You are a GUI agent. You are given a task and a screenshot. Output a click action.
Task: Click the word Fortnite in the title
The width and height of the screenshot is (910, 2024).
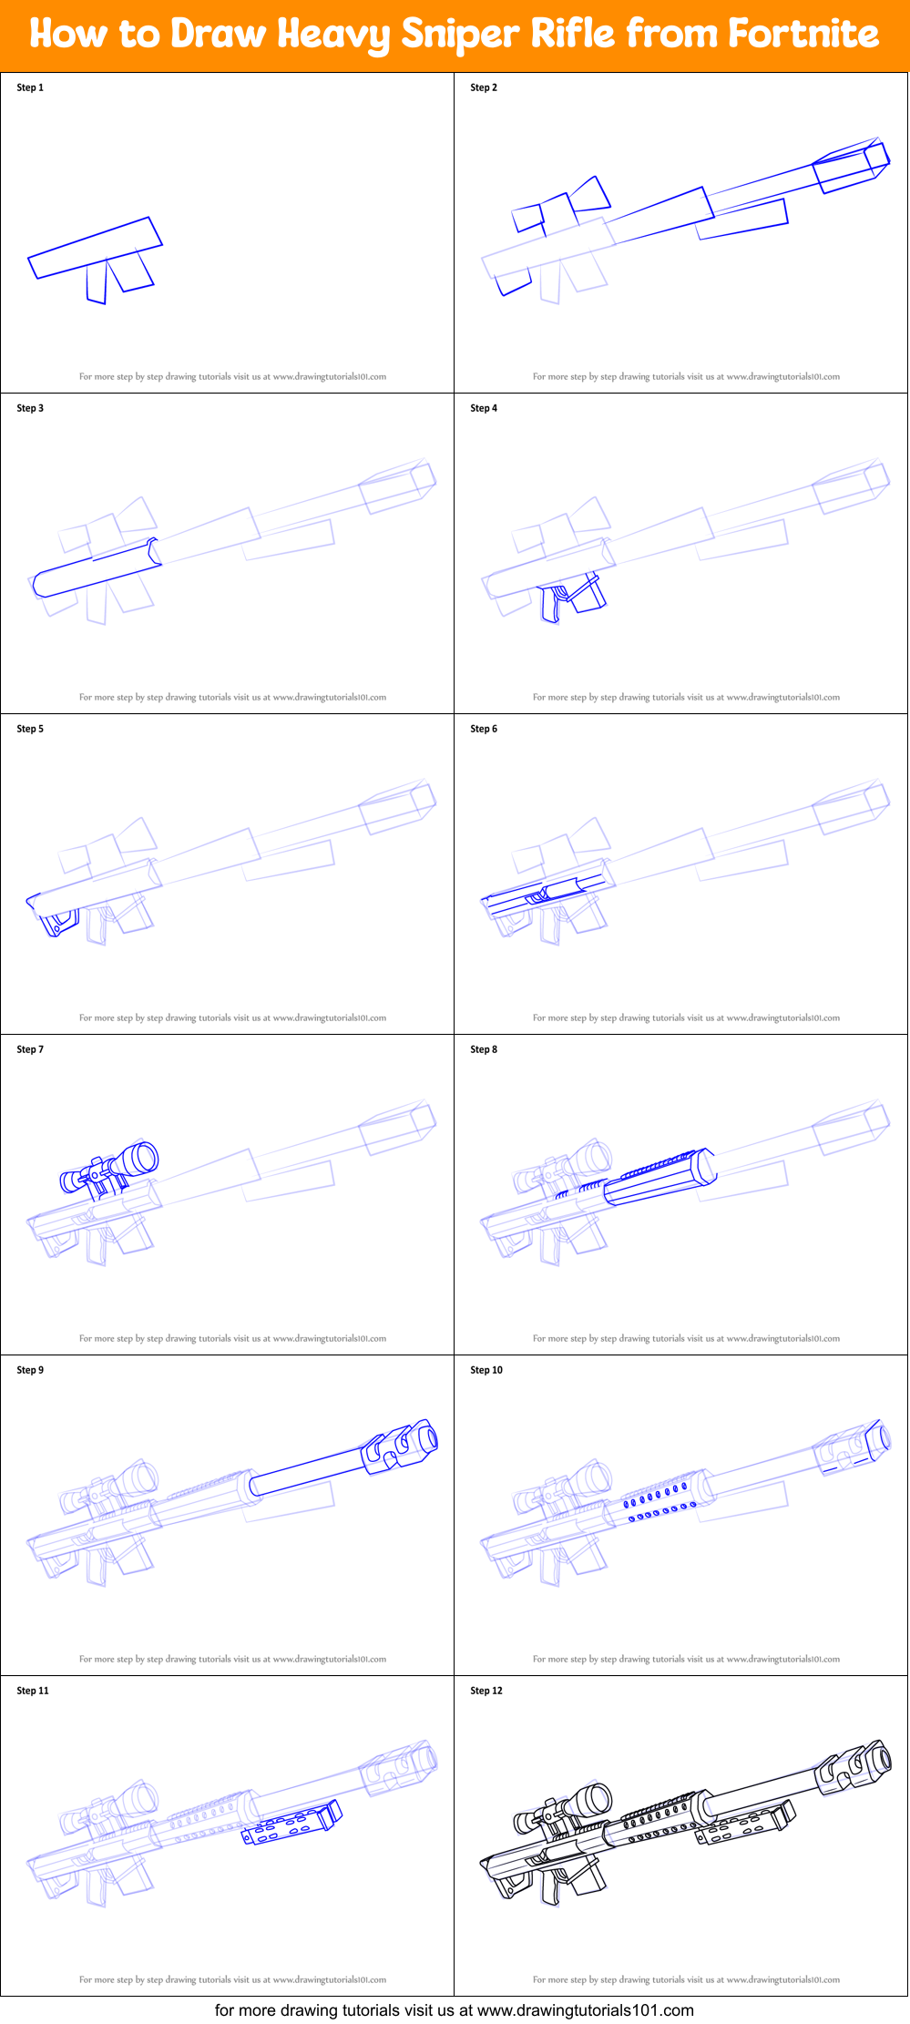coord(803,35)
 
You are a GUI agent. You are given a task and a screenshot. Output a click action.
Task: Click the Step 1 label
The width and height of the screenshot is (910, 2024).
coord(30,87)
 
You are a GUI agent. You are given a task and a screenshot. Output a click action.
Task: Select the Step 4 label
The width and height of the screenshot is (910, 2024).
coord(484,408)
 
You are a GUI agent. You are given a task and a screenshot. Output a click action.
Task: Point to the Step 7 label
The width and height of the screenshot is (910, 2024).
coord(30,1049)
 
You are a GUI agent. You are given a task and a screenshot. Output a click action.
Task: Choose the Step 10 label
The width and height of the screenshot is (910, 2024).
coord(486,1370)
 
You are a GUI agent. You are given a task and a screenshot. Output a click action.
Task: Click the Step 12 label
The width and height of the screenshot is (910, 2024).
coord(486,1691)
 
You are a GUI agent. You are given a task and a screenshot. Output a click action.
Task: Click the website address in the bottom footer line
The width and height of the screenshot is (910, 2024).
coord(585,2009)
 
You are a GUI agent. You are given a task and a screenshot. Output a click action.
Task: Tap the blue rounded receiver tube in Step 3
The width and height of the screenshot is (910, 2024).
coord(96,571)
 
